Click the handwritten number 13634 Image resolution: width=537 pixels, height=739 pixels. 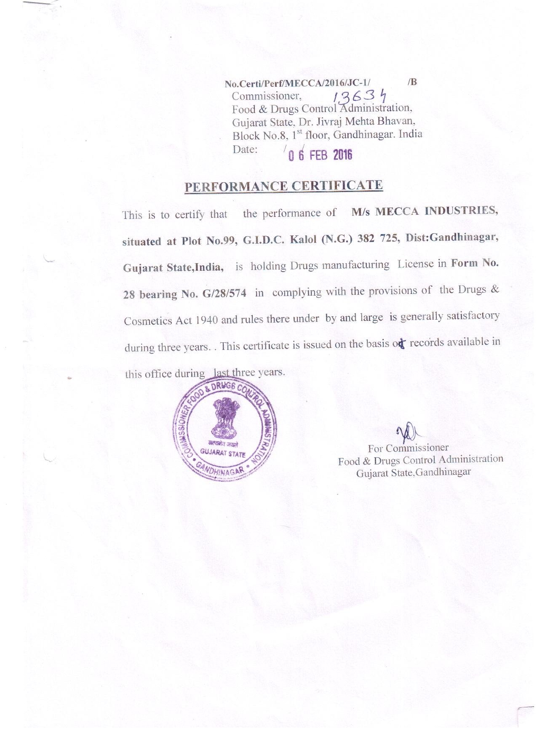[x=360, y=97]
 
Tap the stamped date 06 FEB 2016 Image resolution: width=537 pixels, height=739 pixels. [x=320, y=155]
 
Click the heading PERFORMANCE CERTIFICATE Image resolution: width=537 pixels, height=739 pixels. [x=283, y=186]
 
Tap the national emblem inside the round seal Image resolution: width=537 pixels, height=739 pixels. [x=223, y=419]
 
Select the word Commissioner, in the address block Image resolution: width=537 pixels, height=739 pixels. [x=267, y=96]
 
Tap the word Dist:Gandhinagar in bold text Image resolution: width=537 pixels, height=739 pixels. [x=452, y=237]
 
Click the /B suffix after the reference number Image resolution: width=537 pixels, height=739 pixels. [x=412, y=82]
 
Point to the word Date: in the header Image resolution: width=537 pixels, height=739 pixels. [x=245, y=149]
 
